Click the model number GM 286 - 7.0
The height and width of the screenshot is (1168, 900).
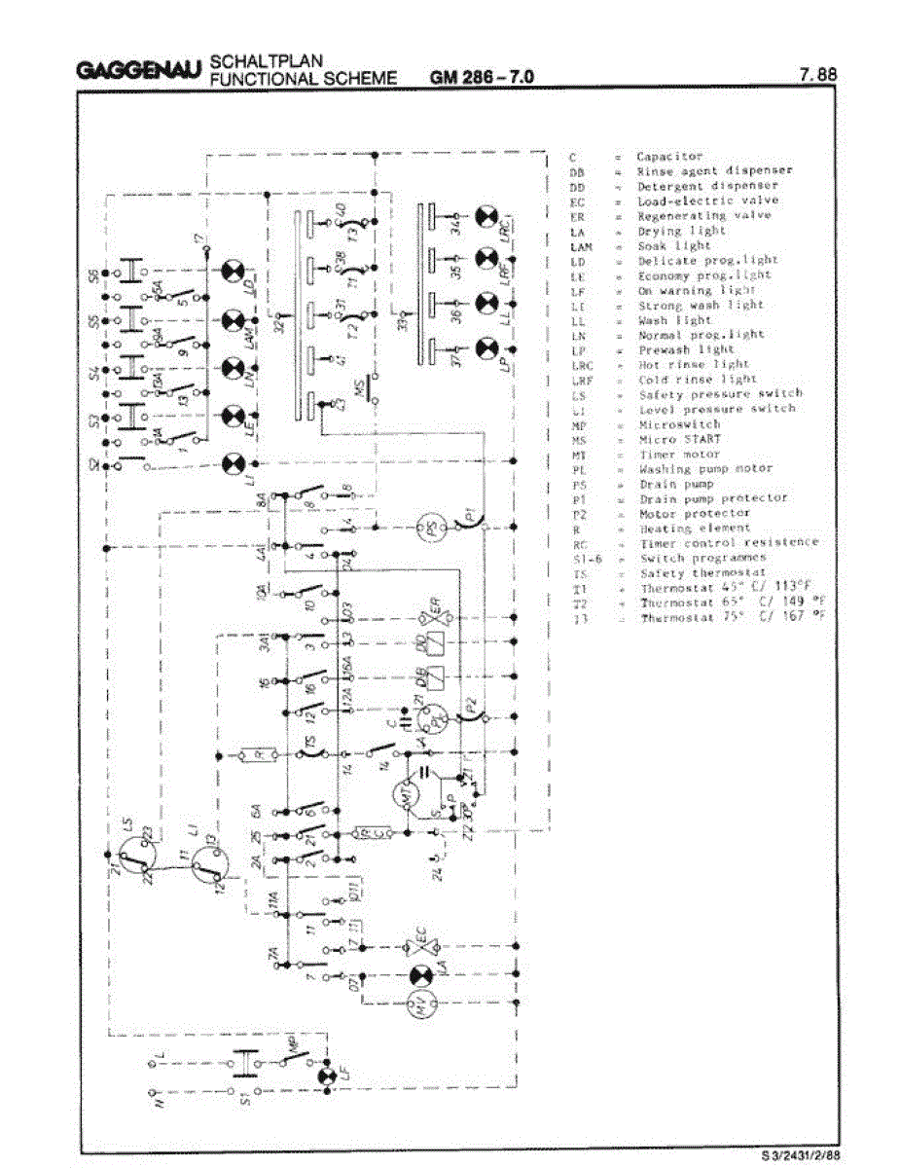point(481,78)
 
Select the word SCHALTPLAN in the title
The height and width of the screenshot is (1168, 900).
point(254,63)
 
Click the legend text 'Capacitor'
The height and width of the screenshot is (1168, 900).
point(669,156)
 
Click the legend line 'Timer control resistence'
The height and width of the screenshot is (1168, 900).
point(729,542)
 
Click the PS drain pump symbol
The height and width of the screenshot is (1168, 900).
point(428,529)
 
